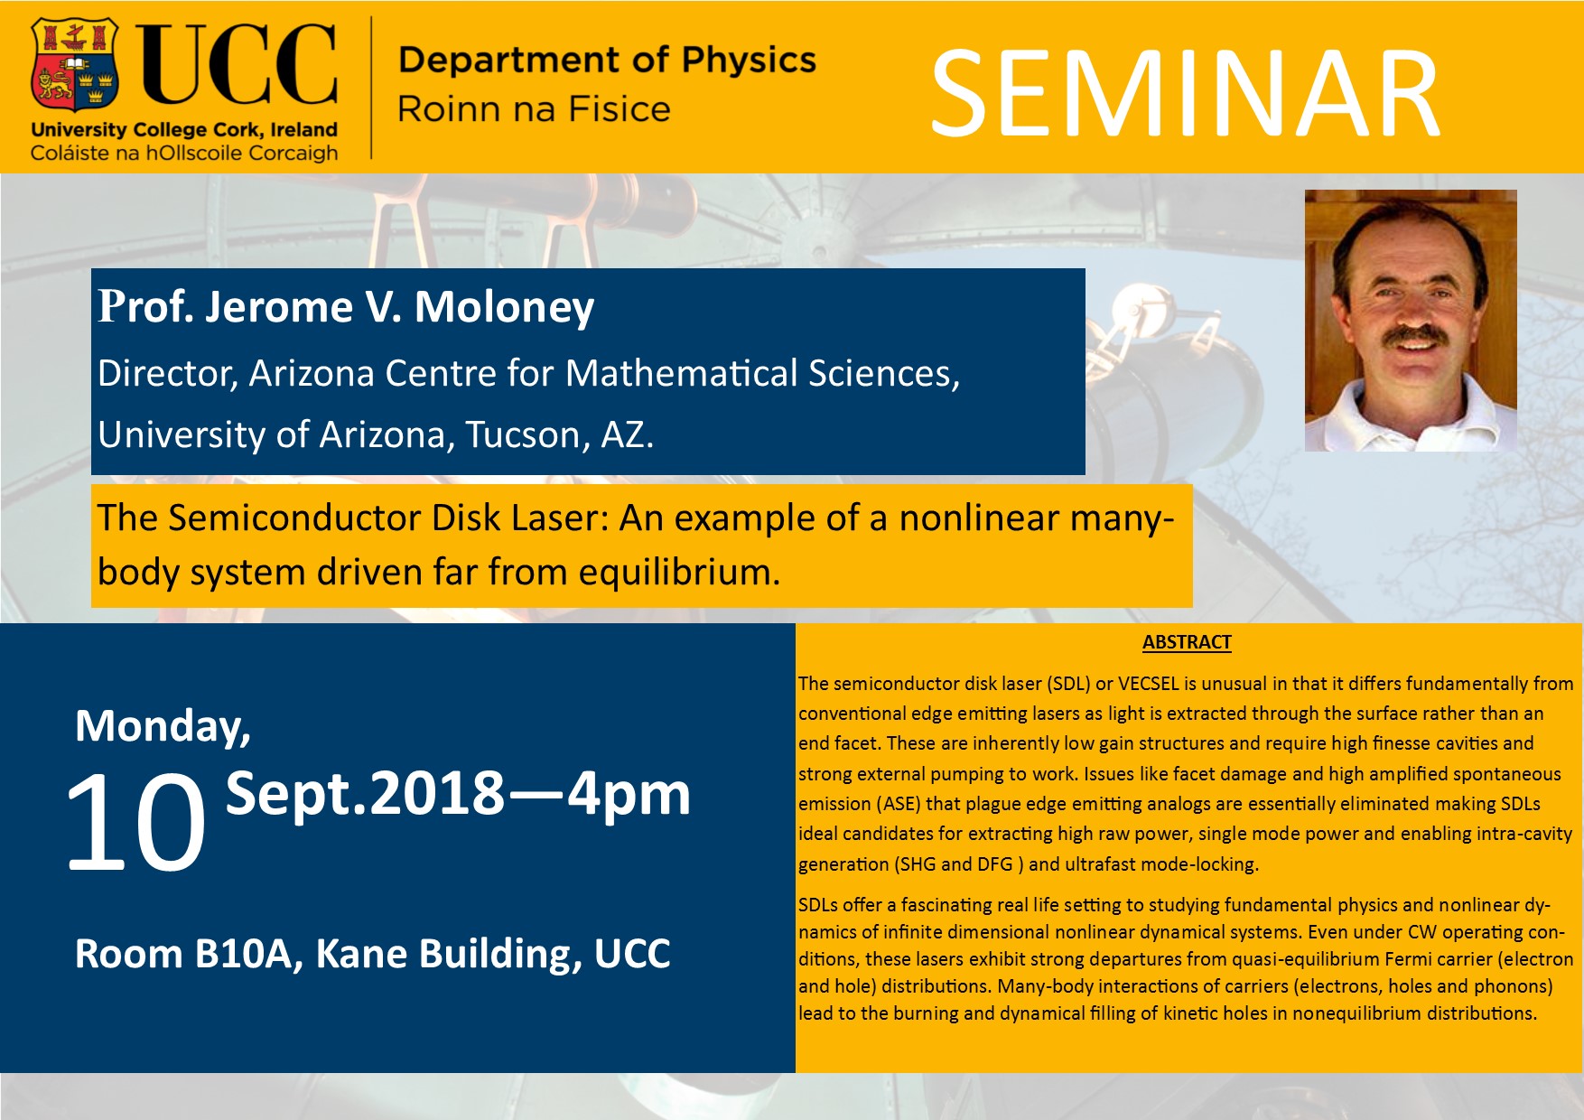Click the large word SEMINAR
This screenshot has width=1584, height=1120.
click(x=1185, y=94)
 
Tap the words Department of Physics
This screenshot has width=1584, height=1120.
click(x=607, y=60)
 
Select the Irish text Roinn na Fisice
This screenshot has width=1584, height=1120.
click(x=534, y=109)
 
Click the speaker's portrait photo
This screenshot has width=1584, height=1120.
click(x=1411, y=321)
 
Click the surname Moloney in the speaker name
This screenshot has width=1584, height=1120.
click(x=504, y=307)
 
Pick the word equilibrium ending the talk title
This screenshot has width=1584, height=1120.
click(x=679, y=573)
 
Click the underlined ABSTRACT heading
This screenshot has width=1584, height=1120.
click(x=1187, y=642)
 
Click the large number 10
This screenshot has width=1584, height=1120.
click(x=135, y=822)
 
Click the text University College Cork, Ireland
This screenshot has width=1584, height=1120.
click(x=184, y=130)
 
